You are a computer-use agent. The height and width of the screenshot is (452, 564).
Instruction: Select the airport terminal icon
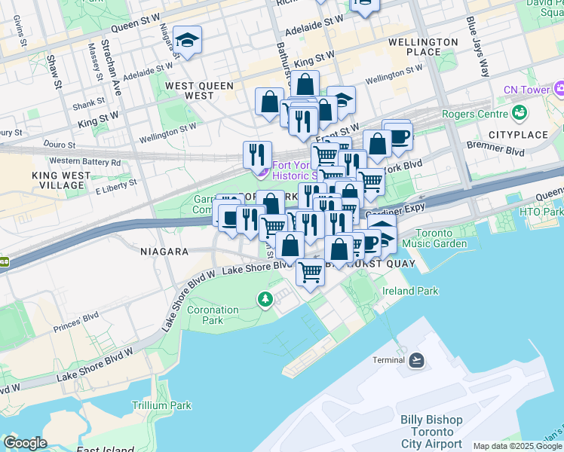(417, 360)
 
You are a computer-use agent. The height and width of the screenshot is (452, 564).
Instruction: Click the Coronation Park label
(213, 315)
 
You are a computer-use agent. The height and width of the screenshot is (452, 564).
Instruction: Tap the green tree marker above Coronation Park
(265, 300)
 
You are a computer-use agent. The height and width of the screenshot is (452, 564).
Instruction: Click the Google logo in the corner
(25, 443)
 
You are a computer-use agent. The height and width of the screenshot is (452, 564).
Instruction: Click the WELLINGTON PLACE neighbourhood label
(422, 47)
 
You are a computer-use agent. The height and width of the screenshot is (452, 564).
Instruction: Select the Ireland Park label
(409, 291)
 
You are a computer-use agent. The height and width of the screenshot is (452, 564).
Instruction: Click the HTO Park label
(541, 212)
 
